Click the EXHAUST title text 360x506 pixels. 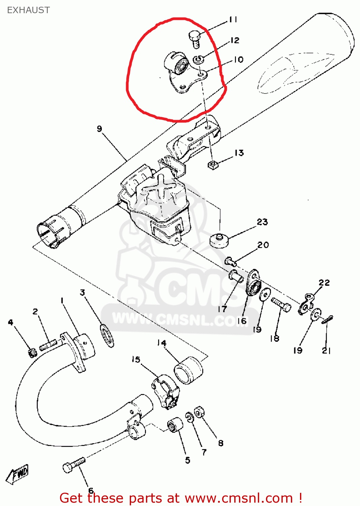tap(28, 10)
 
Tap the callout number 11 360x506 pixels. tap(233, 20)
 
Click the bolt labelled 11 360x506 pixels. tap(194, 39)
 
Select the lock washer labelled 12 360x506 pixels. tap(198, 59)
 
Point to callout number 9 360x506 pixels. tap(99, 129)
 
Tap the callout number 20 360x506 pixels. tap(263, 245)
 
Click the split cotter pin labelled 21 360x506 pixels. tap(327, 320)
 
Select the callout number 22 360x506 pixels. tap(324, 282)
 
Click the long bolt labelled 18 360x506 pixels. tap(281, 305)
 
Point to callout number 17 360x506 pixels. tap(222, 309)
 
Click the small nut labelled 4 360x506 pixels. tap(33, 353)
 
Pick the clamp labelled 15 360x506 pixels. tap(165, 392)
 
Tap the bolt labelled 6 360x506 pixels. tap(74, 465)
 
